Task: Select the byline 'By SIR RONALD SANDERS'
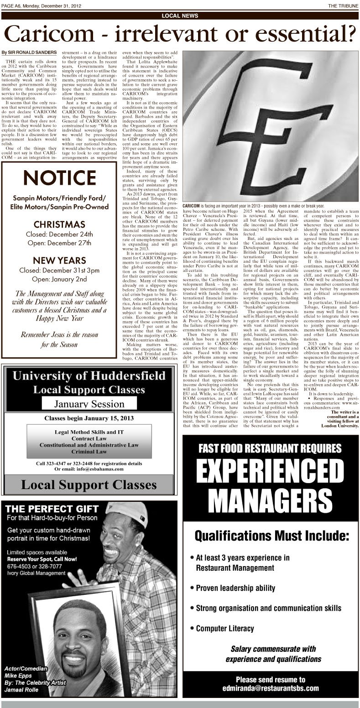pos(29,53)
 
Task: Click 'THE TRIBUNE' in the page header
pos(342,5)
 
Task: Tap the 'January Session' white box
pos(89,404)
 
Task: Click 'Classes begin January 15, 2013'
pos(89,418)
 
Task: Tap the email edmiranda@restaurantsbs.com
pos(271,688)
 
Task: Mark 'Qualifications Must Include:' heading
pos(271,535)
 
